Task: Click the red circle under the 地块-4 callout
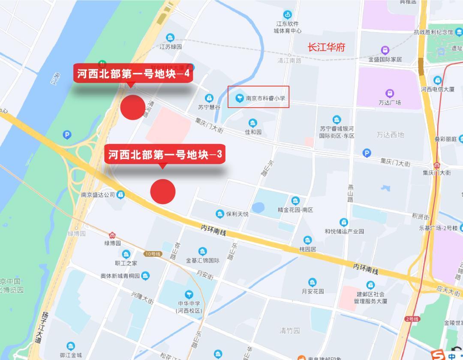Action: (133, 107)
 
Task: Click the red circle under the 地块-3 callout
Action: (163, 192)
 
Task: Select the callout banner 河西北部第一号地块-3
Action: (165, 154)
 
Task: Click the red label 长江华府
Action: (327, 47)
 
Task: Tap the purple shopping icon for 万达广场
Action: (390, 93)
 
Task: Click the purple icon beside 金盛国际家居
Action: (385, 50)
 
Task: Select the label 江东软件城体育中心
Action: (288, 27)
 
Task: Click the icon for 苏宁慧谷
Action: (209, 98)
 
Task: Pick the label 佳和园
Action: (253, 132)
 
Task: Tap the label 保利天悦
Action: (237, 213)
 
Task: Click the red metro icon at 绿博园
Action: (112, 235)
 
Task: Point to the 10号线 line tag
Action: (152, 254)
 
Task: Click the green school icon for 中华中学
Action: (189, 294)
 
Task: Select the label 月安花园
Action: (313, 291)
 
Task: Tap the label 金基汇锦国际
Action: (203, 260)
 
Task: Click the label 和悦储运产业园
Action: (344, 231)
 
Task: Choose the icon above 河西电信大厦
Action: (437, 80)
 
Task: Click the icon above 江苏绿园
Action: (171, 38)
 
